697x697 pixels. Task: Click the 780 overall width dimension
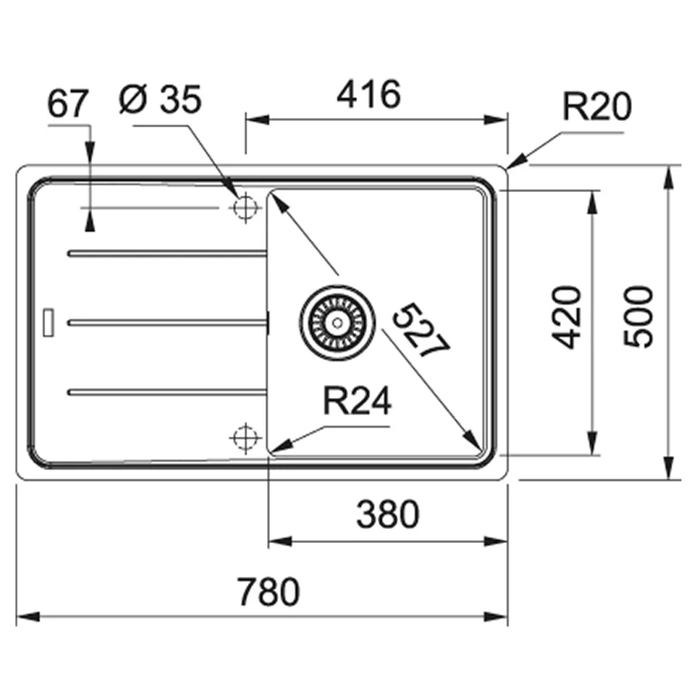click(x=269, y=592)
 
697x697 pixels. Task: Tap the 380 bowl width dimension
click(x=388, y=514)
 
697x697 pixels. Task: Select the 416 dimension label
click(x=369, y=94)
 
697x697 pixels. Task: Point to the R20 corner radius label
click(x=597, y=107)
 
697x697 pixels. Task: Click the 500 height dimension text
click(x=638, y=317)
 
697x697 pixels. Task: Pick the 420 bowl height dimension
click(x=566, y=318)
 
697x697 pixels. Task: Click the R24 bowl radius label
click(x=357, y=401)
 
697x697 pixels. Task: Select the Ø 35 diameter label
click(x=160, y=99)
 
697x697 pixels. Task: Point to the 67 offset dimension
click(x=68, y=104)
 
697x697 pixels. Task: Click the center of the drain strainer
click(x=338, y=322)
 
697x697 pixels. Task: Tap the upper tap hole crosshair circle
click(x=245, y=207)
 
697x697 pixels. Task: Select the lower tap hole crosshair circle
click(x=245, y=438)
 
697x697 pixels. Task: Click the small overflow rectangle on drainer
click(x=48, y=322)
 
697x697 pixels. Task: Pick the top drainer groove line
click(x=167, y=253)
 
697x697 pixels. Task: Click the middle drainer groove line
click(x=167, y=323)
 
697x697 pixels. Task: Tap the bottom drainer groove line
click(x=167, y=392)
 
